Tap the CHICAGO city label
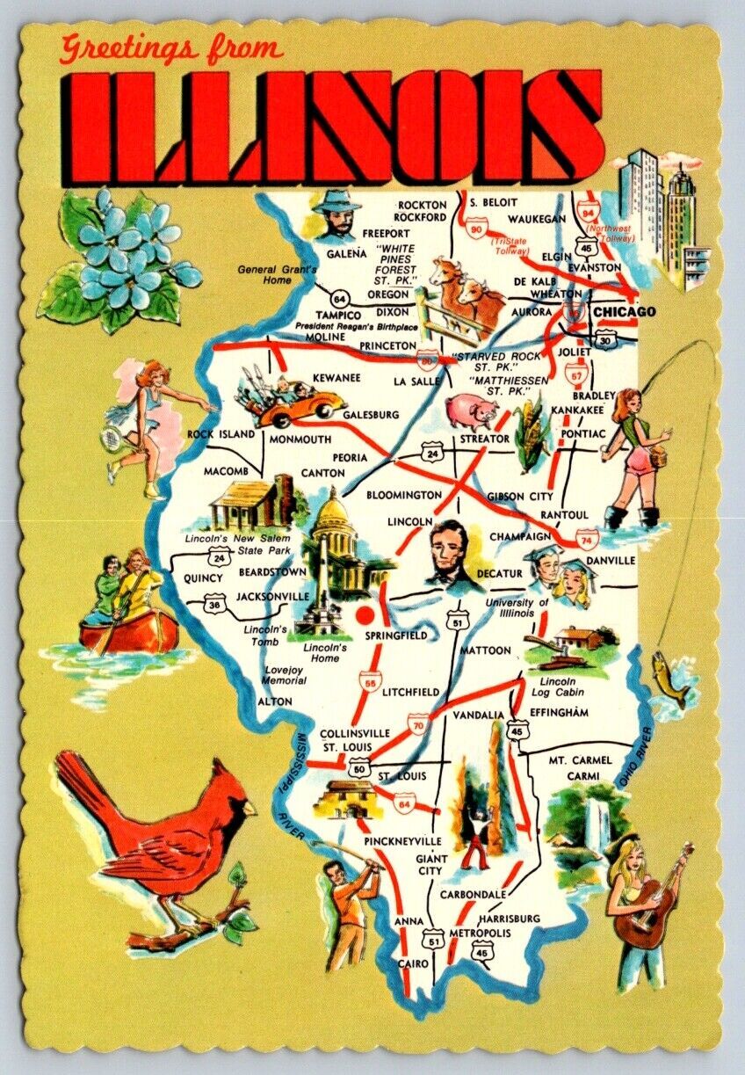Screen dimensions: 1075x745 (x=623, y=312)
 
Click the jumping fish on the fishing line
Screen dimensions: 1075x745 (x=671, y=679)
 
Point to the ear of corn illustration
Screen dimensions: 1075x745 (x=532, y=425)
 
